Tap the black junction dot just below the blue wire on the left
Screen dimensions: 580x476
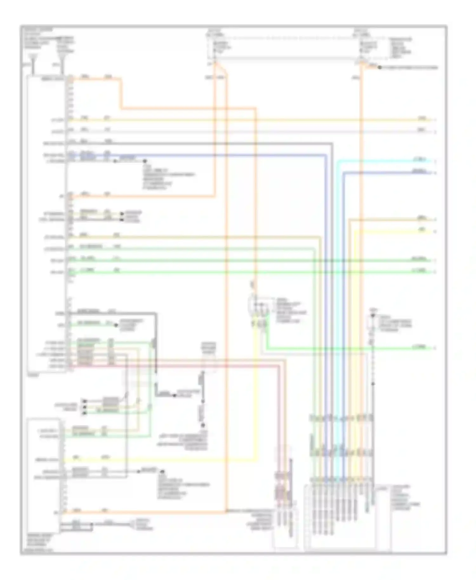tap(145, 161)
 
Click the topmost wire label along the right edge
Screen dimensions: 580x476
tap(422, 118)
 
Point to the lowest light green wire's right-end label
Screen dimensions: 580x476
tap(419, 347)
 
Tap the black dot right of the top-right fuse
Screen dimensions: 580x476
tap(380, 68)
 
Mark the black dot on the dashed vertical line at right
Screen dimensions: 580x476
tap(373, 384)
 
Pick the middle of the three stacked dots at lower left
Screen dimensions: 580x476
tap(84, 407)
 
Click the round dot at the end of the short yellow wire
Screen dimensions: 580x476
tap(122, 214)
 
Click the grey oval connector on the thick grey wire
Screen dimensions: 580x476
tap(153, 343)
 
